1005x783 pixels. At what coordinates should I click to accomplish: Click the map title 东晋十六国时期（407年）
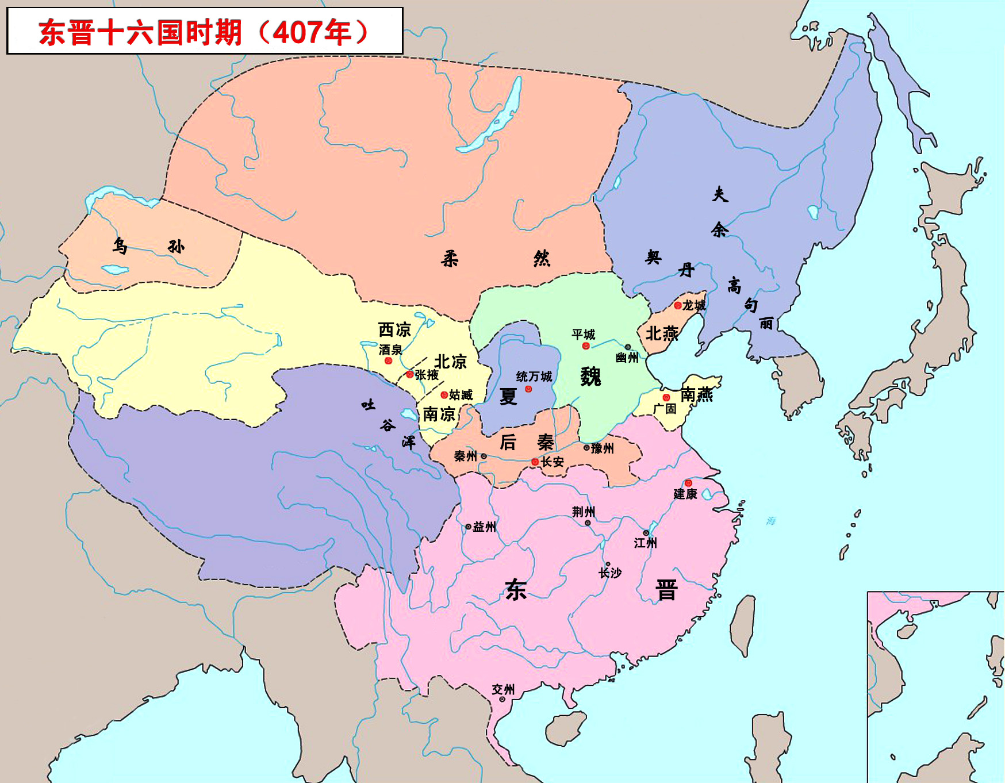pos(204,32)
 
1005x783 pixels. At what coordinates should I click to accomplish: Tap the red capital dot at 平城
pos(586,346)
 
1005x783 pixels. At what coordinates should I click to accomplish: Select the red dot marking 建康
pos(688,483)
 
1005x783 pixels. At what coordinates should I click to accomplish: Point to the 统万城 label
pos(534,377)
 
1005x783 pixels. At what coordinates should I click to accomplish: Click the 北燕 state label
pos(662,333)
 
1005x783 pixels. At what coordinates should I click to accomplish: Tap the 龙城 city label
pos(694,305)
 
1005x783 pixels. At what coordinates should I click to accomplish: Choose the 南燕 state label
pos(696,394)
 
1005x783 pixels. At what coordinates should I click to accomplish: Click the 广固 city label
pos(665,409)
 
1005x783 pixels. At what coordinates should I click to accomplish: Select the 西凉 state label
pos(394,329)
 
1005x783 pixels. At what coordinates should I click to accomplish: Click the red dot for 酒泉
pos(388,361)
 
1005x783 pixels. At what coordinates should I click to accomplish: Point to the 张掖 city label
pos(427,375)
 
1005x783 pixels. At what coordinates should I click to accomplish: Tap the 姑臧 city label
pos(461,395)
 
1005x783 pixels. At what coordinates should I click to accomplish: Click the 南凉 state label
pos(439,414)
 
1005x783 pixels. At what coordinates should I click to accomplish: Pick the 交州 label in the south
pos(503,689)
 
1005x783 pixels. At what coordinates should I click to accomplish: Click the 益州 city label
pos(484,527)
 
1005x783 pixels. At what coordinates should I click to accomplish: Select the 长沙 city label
pos(610,573)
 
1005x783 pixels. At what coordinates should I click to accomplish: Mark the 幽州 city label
pos(627,358)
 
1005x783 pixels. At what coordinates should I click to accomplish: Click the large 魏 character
pos(590,377)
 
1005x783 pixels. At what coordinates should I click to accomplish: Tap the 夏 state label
pos(508,396)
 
